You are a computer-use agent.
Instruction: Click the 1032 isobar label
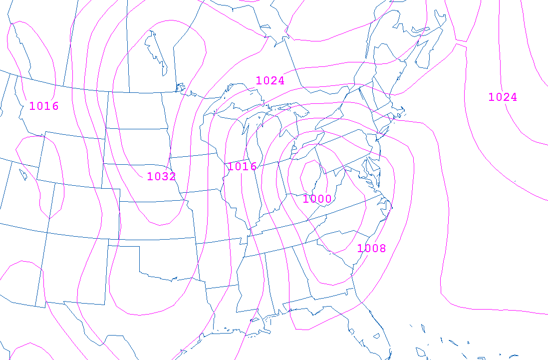161,176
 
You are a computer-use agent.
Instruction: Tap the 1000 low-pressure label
317,199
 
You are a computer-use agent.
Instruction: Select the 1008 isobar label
371,248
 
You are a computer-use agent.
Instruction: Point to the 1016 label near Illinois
242,167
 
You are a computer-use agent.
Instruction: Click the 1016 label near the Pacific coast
44,106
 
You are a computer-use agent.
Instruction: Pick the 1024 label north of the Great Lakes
270,80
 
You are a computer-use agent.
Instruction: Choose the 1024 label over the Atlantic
503,97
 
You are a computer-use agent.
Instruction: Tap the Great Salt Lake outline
23,174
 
